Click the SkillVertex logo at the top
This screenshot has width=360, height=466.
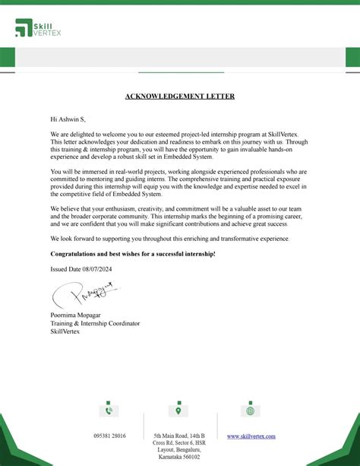[x=38, y=29]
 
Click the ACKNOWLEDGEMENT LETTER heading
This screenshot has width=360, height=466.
[x=180, y=97]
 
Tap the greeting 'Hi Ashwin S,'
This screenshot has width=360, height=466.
[x=68, y=119]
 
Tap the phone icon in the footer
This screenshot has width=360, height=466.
[x=109, y=411]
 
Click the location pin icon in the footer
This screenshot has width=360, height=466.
[x=178, y=411]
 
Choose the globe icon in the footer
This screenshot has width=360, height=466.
[x=250, y=411]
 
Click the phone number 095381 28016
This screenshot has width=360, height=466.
[x=109, y=436]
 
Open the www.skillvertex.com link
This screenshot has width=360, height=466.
[x=251, y=436]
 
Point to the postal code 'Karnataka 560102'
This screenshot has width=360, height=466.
[x=179, y=457]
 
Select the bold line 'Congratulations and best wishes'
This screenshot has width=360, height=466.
[x=132, y=253]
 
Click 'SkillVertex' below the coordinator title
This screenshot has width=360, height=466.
[x=68, y=331]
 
